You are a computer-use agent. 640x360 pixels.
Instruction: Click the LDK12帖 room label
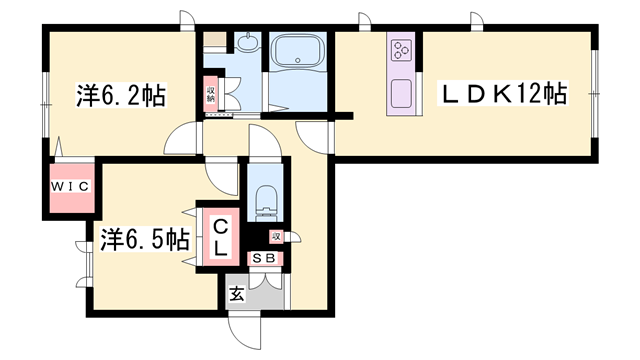tap(502, 94)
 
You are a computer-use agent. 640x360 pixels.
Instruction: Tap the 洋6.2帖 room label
tap(121, 96)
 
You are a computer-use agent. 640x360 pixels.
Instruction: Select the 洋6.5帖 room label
tap(145, 240)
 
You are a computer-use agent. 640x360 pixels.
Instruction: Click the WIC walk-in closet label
tap(70, 187)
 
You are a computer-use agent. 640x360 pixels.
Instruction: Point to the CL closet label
tap(220, 237)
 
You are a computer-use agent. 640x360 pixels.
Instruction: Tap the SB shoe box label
tap(264, 258)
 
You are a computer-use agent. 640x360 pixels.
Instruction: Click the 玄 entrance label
tap(237, 293)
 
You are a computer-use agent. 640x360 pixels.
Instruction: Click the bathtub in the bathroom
tap(298, 50)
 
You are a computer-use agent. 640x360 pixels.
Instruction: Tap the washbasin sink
tap(247, 42)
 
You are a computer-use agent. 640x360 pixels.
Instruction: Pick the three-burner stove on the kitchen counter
tap(401, 50)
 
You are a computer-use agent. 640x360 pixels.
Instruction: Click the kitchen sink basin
tap(402, 94)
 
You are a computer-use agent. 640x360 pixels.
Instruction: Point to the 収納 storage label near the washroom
tap(211, 94)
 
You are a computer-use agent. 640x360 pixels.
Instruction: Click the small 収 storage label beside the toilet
tap(276, 236)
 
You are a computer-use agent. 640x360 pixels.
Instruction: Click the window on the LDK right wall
tap(595, 94)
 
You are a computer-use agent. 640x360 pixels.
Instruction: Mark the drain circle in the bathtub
tap(298, 60)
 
